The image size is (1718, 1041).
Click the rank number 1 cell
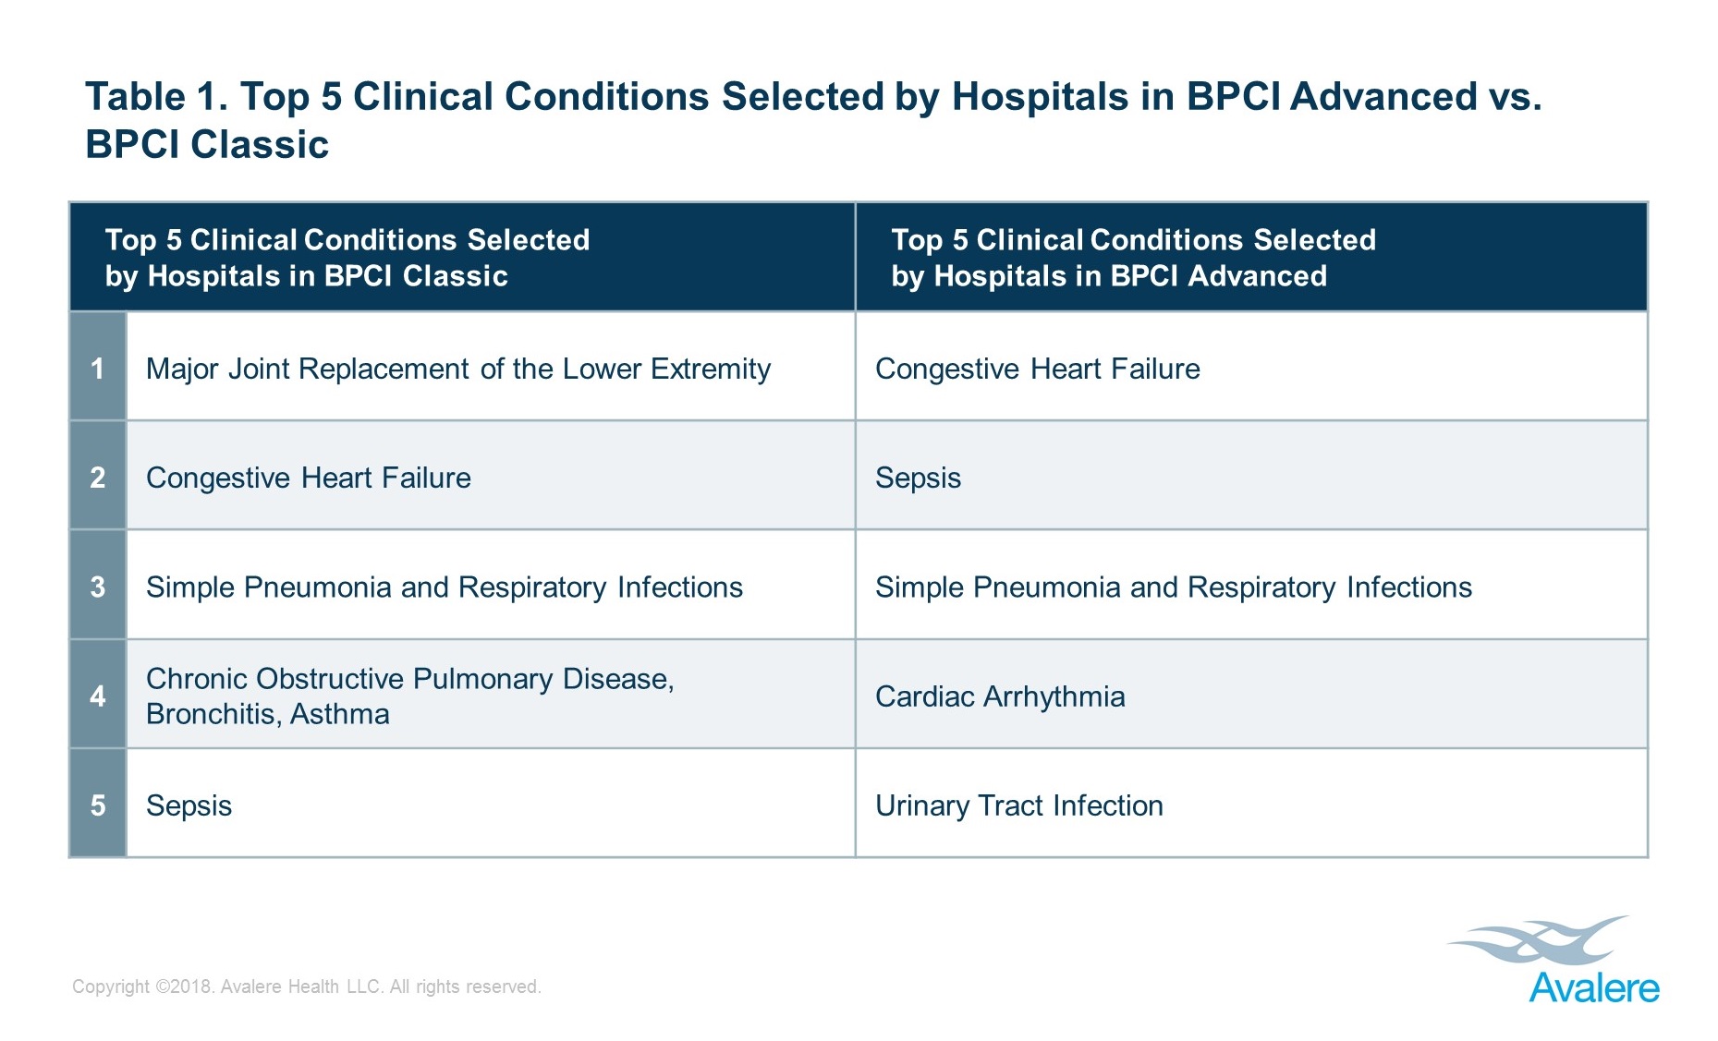point(98,367)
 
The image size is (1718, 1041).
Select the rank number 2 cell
point(98,476)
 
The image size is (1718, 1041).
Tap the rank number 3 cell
point(98,585)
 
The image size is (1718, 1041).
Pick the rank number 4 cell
point(98,695)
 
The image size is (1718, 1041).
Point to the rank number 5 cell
point(98,804)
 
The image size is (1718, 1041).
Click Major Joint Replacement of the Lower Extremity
point(458,369)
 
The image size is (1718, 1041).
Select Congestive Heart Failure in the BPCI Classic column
point(309,478)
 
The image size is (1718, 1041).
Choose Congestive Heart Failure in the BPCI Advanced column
point(1038,369)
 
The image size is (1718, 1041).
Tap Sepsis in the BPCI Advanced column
point(918,478)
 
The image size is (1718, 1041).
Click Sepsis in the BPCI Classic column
point(189,805)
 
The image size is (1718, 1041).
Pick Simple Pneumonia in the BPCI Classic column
point(445,587)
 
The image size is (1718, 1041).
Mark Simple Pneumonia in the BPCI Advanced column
point(1174,587)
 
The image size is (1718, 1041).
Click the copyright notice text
point(307,987)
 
